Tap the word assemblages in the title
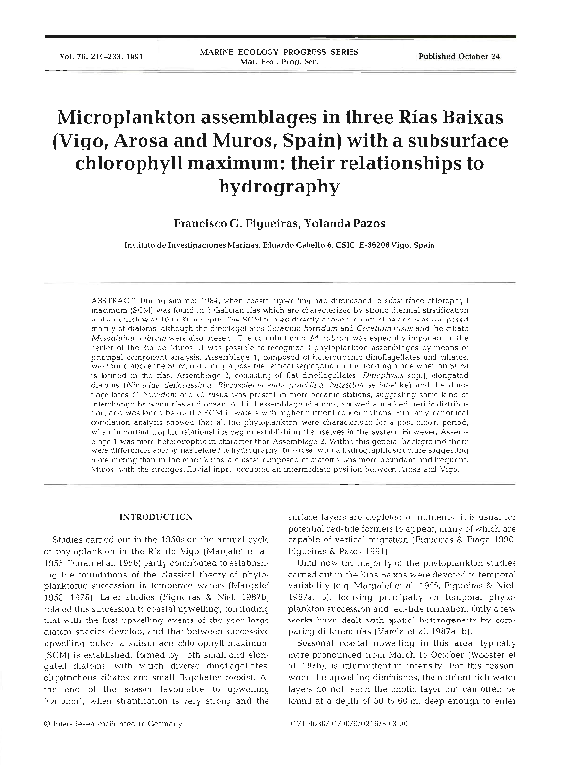click(282, 117)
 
